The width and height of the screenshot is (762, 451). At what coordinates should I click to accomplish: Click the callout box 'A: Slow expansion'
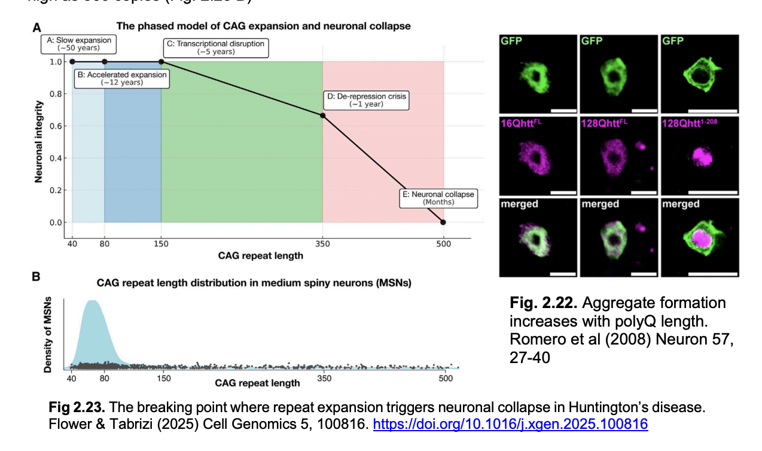point(80,44)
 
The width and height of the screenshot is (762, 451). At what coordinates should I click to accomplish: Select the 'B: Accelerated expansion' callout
point(121,78)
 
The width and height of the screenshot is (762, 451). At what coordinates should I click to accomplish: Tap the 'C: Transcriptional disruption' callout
point(215,47)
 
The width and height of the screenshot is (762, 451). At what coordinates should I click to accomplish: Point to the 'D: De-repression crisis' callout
point(366,99)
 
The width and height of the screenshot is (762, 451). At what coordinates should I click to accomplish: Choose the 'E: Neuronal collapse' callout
point(439,198)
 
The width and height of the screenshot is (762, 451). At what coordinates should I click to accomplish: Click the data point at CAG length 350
point(323,115)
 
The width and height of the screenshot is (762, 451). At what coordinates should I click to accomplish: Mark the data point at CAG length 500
point(443,223)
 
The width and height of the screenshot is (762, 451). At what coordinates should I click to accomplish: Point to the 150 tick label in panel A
point(161,244)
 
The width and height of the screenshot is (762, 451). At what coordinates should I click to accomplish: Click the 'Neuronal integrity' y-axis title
point(38,142)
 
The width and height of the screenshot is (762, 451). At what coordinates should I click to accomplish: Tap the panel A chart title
point(263,26)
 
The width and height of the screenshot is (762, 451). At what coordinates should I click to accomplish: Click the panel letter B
point(36,277)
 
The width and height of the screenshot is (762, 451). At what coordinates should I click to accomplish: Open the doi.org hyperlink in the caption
point(510,424)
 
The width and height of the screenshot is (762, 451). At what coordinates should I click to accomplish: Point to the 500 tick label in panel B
point(446,379)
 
